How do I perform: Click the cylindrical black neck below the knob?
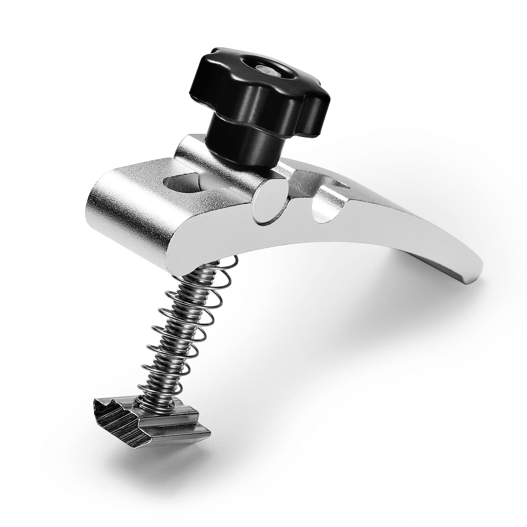tap(237, 135)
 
